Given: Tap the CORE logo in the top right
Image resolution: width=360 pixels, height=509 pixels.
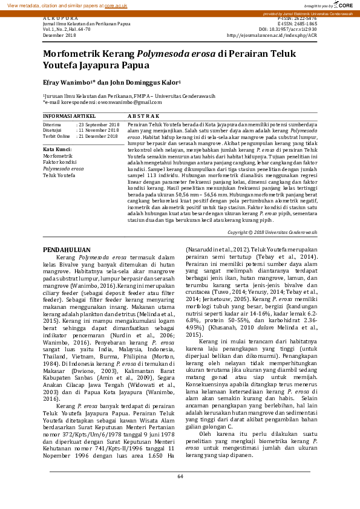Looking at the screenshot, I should coord(342,5).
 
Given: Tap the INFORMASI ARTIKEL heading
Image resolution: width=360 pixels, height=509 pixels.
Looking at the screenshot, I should coord(69,115).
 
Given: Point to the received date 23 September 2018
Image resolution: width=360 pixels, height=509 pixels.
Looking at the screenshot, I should coord(100,124).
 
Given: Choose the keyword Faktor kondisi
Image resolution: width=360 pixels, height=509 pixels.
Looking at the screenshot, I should coord(59,163).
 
